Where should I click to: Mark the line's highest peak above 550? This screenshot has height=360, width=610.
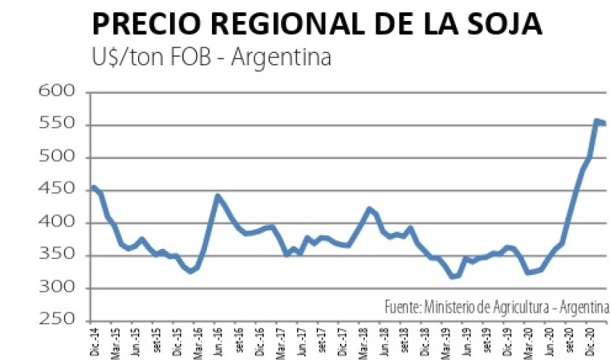click(597, 121)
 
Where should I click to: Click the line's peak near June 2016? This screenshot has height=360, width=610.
click(217, 196)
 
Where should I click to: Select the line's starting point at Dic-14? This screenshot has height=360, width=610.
click(93, 188)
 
